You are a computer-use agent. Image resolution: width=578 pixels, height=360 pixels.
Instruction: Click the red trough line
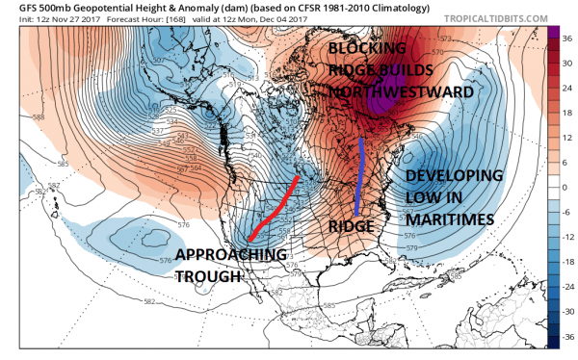[x=273, y=209]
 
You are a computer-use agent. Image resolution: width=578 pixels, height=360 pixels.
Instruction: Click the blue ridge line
[x=359, y=177]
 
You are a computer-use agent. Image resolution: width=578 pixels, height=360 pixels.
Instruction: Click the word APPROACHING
[x=231, y=255]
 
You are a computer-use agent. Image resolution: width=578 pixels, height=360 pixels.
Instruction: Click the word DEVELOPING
[x=453, y=176]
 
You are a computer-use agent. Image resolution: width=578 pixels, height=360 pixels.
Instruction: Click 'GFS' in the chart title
[x=15, y=8]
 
